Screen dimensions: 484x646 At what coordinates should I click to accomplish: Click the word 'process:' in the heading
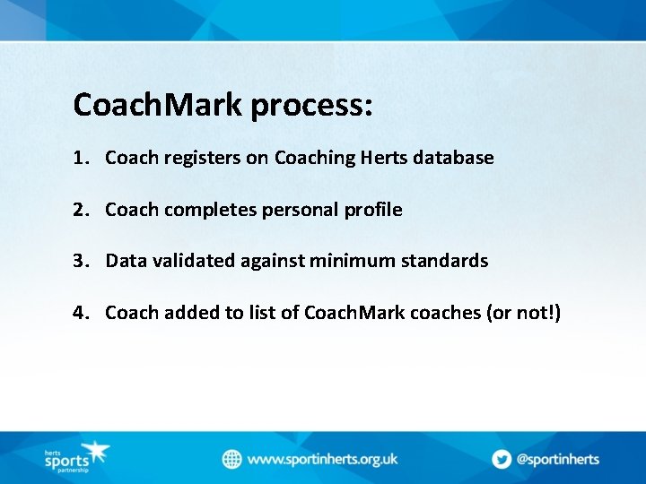click(x=311, y=106)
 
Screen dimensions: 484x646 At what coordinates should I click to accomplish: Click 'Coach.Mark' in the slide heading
click(x=158, y=105)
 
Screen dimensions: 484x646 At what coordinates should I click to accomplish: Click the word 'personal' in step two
click(x=301, y=211)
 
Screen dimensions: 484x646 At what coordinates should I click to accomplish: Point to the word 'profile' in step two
click(x=372, y=210)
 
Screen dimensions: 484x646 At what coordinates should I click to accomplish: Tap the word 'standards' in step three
click(x=444, y=261)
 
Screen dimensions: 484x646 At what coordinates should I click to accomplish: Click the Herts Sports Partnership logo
click(x=76, y=458)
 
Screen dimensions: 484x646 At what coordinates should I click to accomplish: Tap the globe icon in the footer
click(x=232, y=459)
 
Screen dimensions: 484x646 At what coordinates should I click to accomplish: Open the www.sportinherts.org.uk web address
click(x=322, y=459)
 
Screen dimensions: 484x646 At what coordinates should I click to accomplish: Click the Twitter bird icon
click(x=502, y=459)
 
